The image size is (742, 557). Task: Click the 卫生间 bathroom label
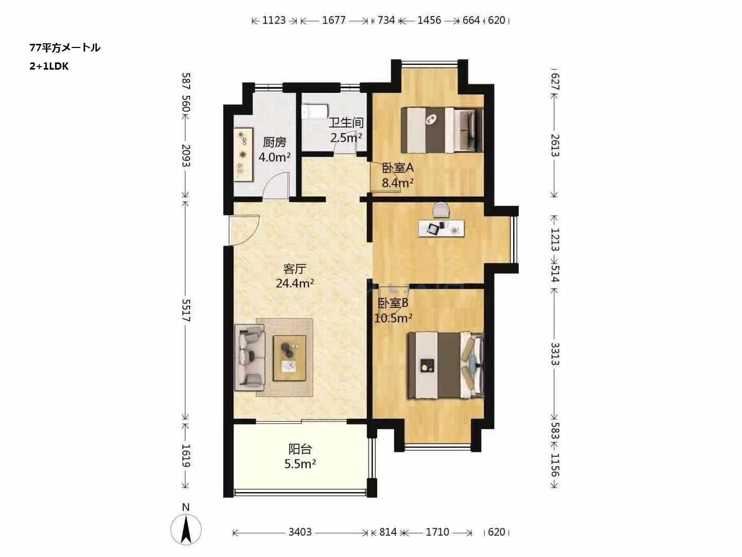tap(346, 122)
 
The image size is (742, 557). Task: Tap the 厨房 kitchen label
tap(275, 142)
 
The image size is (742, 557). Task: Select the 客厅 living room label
tap(295, 269)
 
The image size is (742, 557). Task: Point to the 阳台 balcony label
tap(300, 449)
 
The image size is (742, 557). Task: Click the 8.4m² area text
tap(397, 183)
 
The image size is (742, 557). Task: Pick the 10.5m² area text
tap(393, 318)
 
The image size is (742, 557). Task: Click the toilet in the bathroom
tap(315, 112)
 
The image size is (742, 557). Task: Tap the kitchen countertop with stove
tap(243, 154)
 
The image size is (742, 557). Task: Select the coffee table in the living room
tap(290, 358)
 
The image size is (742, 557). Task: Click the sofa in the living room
tap(250, 357)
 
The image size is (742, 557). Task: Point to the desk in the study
tap(442, 228)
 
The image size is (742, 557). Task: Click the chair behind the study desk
tap(441, 210)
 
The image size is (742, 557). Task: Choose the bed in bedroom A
tap(442, 130)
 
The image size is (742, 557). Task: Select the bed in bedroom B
tap(446, 365)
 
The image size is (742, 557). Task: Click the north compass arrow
tap(186, 530)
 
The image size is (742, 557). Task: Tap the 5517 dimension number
tap(186, 310)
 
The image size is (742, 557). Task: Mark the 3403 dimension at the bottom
tap(300, 532)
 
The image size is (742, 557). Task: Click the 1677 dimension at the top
tap(334, 20)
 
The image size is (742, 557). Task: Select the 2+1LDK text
tap(49, 66)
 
